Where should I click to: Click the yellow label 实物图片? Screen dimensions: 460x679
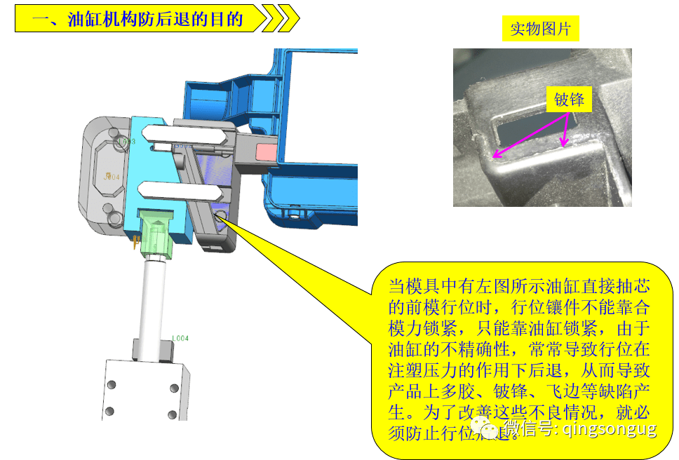tap(540, 29)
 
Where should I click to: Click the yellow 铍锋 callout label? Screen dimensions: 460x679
tap(569, 100)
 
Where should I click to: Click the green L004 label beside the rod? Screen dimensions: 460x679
tap(181, 339)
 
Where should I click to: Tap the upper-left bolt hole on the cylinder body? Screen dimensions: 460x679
tap(110, 385)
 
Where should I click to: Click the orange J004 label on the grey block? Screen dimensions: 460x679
tap(112, 177)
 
